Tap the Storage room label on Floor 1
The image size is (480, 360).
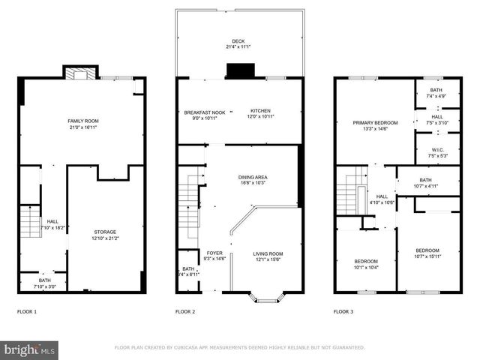tap(104, 235)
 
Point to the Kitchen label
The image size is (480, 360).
tap(260, 114)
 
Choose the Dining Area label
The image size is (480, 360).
tap(253, 180)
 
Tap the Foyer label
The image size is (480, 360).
tap(214, 256)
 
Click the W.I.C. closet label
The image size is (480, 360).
tap(436, 152)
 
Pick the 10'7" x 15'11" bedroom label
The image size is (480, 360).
tap(427, 253)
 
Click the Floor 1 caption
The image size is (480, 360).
tap(27, 311)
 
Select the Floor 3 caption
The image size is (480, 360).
tap(343, 311)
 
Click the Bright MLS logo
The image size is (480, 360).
tap(30, 349)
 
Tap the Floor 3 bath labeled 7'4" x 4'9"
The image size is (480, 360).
tap(436, 93)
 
